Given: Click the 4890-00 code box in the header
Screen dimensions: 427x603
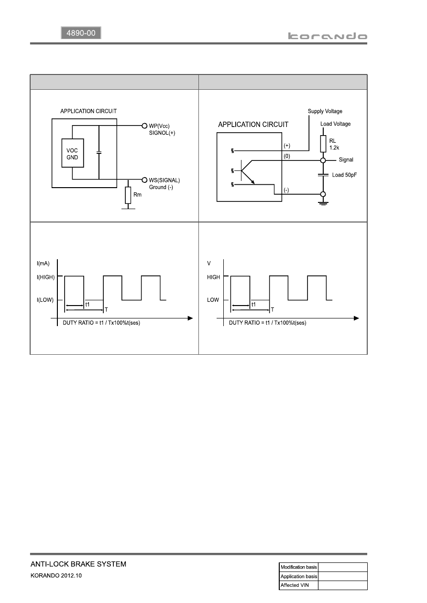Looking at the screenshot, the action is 81,33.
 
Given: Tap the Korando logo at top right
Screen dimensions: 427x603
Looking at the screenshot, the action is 328,36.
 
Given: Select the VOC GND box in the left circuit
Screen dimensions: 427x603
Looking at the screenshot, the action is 73,153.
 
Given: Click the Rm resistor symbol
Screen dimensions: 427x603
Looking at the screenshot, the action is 128,195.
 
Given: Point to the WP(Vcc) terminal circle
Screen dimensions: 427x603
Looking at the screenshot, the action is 144,126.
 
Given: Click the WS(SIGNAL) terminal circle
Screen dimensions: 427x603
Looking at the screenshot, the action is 144,180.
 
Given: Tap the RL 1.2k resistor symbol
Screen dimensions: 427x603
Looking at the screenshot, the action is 323,144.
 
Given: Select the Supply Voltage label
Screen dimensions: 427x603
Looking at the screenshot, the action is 325,111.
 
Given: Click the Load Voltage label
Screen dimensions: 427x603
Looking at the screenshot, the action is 335,124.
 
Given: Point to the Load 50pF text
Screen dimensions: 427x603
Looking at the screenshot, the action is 344,175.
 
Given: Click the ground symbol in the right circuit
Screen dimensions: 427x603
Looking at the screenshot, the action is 323,203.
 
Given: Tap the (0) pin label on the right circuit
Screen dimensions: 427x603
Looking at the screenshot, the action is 287,156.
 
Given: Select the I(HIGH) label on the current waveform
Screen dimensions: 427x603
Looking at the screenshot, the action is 45,277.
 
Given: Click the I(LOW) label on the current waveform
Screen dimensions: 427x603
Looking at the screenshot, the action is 45,300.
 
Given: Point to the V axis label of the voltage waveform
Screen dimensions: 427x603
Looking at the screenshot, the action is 209,263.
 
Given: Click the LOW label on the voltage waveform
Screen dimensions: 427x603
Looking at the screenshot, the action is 213,300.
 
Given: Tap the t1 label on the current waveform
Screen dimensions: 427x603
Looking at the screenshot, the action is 88,305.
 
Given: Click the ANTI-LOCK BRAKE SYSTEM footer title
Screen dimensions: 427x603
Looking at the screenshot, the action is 78,564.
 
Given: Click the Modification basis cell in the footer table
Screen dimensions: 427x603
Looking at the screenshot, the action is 298,567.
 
